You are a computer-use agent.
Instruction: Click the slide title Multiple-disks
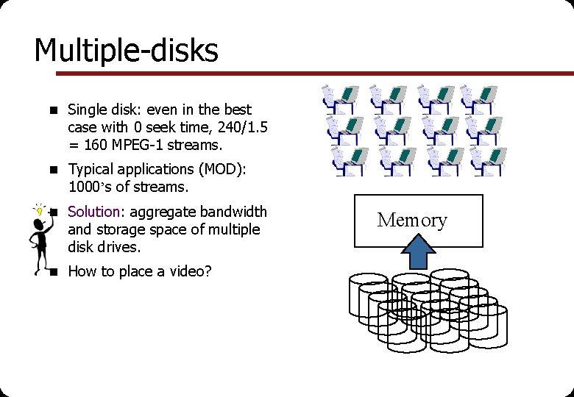tap(126, 51)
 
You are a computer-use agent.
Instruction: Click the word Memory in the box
tap(412, 220)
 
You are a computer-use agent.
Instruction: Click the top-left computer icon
tap(341, 99)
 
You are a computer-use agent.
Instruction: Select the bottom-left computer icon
tap(348, 160)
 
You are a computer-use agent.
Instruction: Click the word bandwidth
tap(233, 212)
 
